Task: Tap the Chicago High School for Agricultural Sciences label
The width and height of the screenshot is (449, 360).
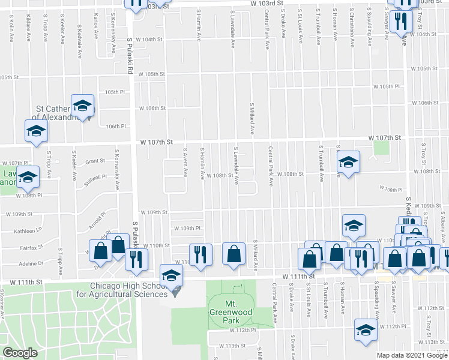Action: tap(128, 290)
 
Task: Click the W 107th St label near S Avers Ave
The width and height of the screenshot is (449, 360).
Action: tap(156, 142)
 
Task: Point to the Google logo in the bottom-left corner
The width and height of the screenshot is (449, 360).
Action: tap(20, 353)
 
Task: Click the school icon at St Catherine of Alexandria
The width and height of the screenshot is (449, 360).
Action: tap(82, 106)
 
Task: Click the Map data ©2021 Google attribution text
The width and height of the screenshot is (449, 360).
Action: tap(411, 355)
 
